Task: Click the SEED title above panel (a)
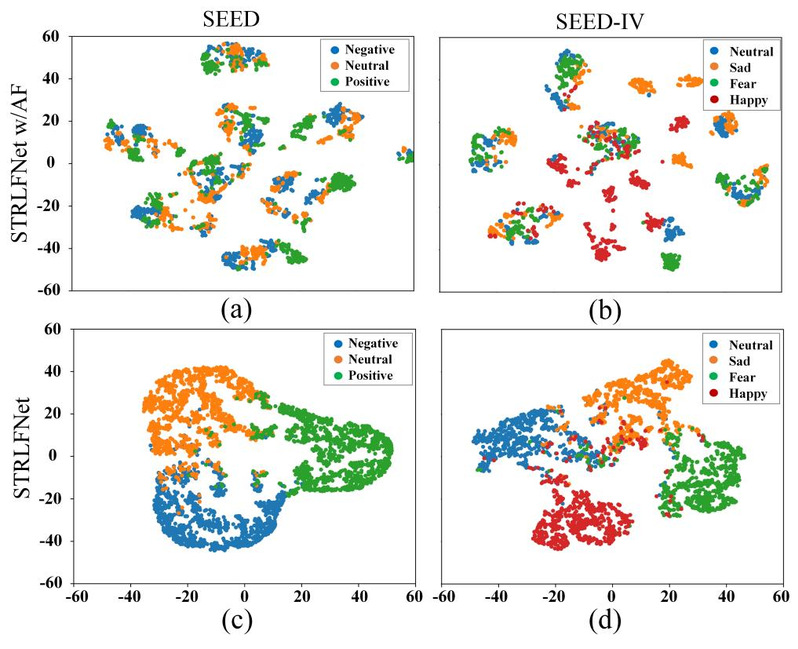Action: point(249,19)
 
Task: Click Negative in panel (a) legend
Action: point(370,48)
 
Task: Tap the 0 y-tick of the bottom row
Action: point(56,455)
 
